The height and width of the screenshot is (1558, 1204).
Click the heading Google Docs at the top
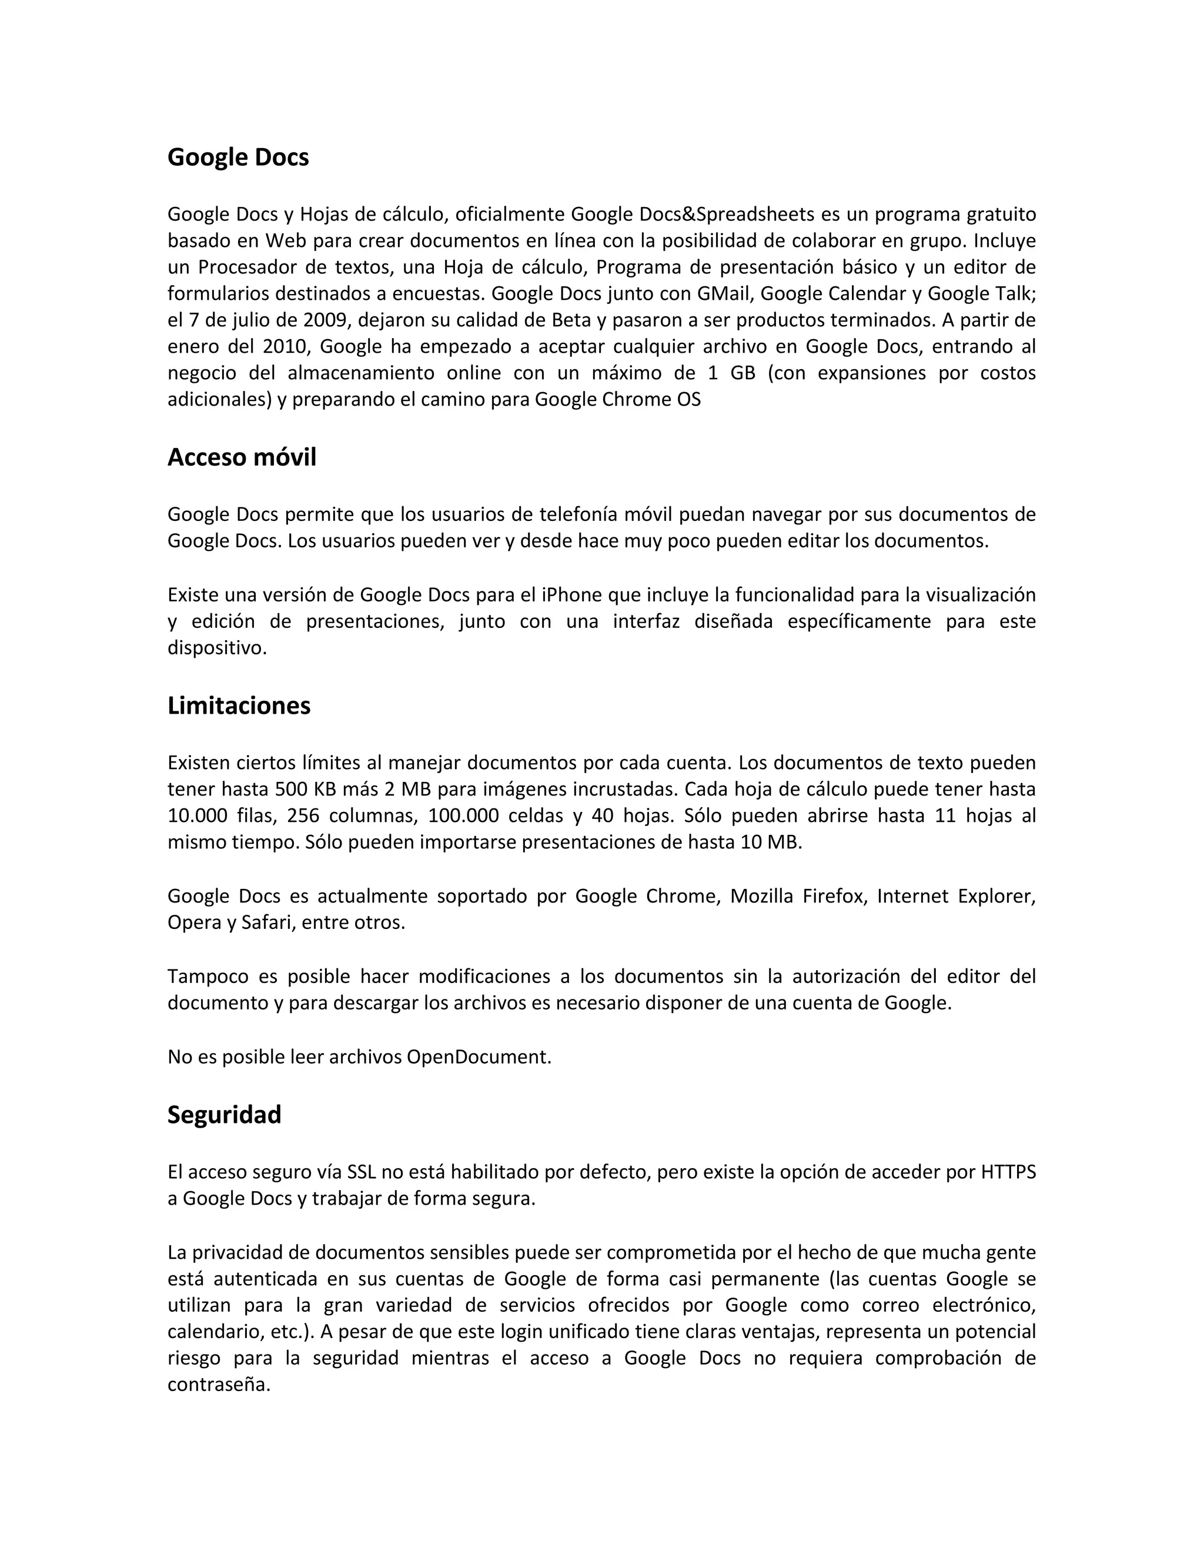(x=238, y=158)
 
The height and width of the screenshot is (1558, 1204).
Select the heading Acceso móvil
(x=241, y=457)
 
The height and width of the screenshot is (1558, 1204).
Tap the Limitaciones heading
(x=239, y=706)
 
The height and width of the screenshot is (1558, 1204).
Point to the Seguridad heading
(x=224, y=1114)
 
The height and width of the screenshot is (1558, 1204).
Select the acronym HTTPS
(x=1008, y=1172)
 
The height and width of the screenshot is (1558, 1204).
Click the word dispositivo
(x=216, y=648)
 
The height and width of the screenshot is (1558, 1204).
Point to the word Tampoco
(x=208, y=976)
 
